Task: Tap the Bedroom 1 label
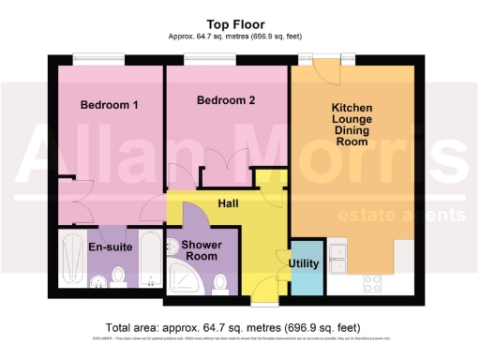click(x=110, y=105)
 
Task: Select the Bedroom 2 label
click(x=227, y=99)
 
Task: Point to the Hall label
click(x=228, y=202)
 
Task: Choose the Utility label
click(x=304, y=263)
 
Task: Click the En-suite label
click(x=109, y=247)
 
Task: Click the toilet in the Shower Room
click(x=220, y=280)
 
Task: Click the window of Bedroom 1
click(x=97, y=58)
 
